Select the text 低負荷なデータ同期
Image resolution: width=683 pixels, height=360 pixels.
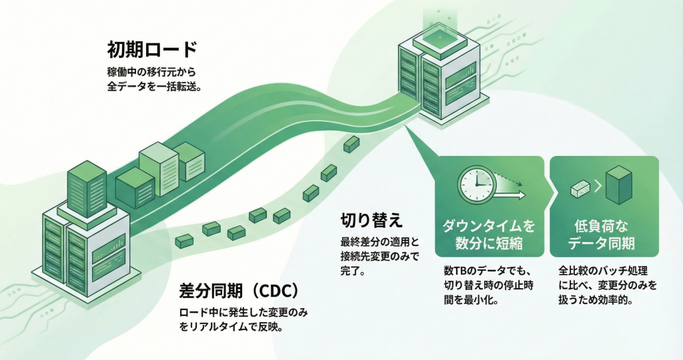[x=604, y=234]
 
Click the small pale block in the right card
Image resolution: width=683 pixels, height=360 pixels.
[x=578, y=189]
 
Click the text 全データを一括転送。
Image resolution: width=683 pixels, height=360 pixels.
[x=155, y=87]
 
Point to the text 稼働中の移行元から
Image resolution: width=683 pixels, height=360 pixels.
[x=150, y=71]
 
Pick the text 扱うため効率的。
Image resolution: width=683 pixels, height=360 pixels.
[x=595, y=301]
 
